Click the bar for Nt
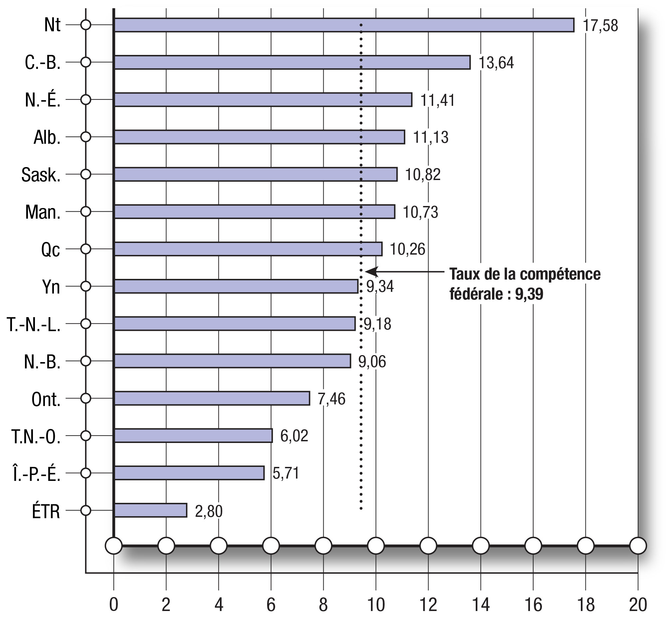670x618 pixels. point(344,25)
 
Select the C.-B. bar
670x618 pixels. point(292,63)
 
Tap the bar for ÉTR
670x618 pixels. point(150,510)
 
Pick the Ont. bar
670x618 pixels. point(212,398)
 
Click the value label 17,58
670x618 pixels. point(600,26)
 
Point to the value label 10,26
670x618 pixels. point(407,250)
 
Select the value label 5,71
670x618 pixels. point(285,473)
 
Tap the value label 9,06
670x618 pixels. point(372,361)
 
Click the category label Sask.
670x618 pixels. point(41,175)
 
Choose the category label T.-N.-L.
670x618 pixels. point(33,324)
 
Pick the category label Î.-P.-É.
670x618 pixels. point(37,474)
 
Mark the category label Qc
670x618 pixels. point(51,250)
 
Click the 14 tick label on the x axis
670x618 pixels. point(480,605)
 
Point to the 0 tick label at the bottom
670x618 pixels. point(114,605)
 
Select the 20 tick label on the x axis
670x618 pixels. point(638,605)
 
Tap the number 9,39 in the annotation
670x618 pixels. point(529,294)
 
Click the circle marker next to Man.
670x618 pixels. point(86,212)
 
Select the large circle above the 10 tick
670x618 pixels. point(376,545)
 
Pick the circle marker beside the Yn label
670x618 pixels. point(86,286)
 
